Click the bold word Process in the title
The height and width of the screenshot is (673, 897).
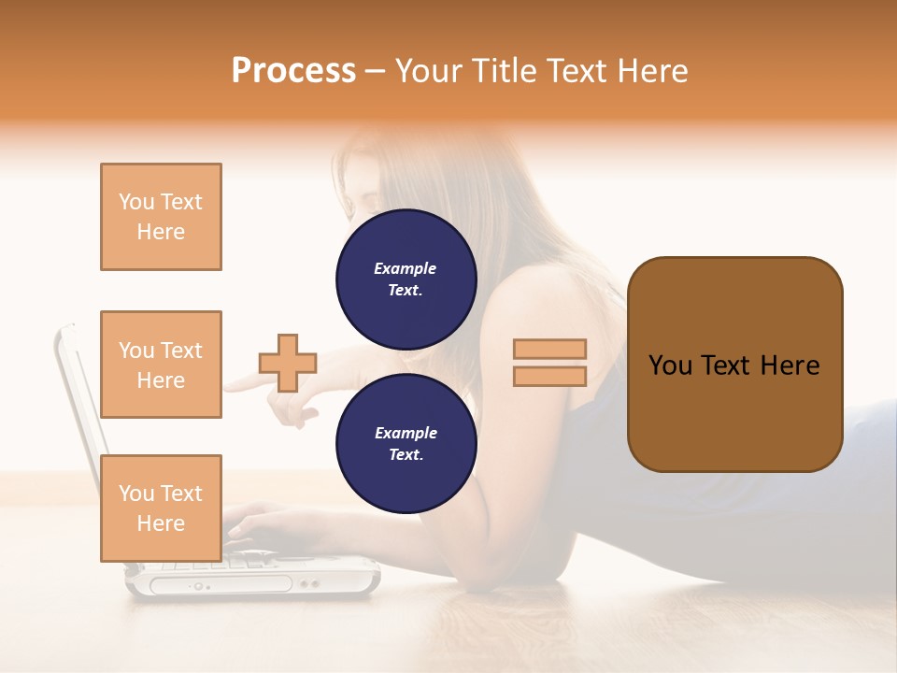pyautogui.click(x=293, y=71)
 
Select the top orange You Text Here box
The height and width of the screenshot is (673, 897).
pyautogui.click(x=161, y=217)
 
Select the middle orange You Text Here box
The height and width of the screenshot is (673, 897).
pyautogui.click(x=161, y=365)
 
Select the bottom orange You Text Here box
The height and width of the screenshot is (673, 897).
pyautogui.click(x=161, y=508)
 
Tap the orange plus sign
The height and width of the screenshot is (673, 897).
pyautogui.click(x=288, y=363)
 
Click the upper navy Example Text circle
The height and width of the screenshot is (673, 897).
pyautogui.click(x=406, y=279)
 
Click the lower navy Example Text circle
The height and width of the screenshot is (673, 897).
pyautogui.click(x=406, y=444)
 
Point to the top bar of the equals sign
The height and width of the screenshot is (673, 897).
pyautogui.click(x=549, y=349)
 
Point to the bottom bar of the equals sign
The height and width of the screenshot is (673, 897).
pyautogui.click(x=549, y=376)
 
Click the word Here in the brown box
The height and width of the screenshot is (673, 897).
pyautogui.click(x=790, y=365)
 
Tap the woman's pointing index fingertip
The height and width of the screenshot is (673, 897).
pyautogui.click(x=229, y=384)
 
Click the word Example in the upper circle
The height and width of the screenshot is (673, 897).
pyautogui.click(x=406, y=269)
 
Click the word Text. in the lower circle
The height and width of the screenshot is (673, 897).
pyautogui.click(x=406, y=455)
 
